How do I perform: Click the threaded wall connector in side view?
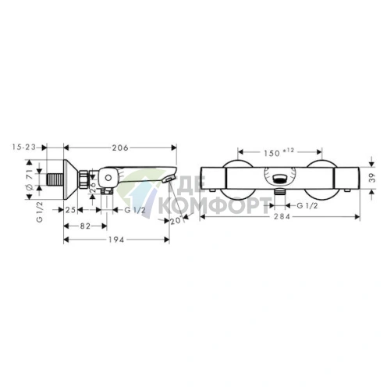[55, 178]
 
